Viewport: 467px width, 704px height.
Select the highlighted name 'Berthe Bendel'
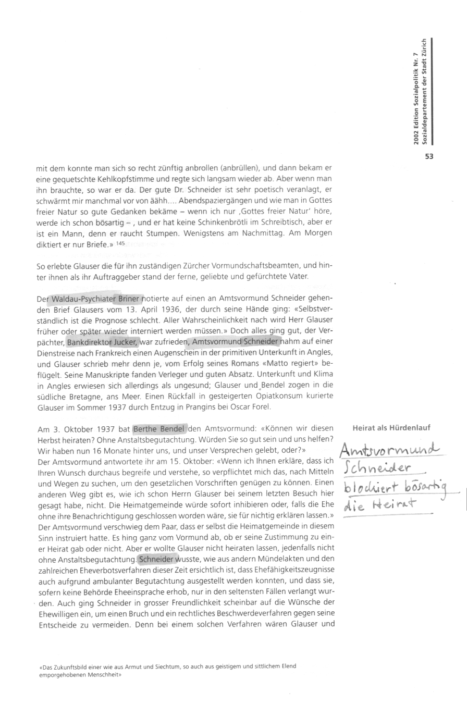[159, 429]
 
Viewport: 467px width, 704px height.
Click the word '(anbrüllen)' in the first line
[241, 169]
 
